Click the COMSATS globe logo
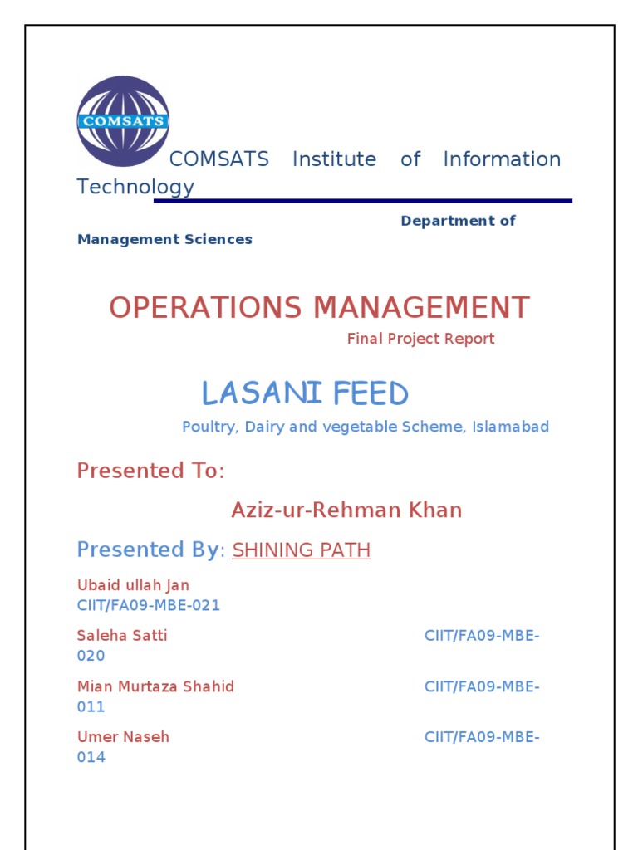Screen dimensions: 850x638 (x=123, y=121)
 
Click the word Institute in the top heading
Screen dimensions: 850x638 (x=334, y=159)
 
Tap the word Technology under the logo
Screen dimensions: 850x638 (x=135, y=187)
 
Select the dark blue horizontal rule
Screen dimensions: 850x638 (x=363, y=201)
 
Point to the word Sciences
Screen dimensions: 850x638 (x=219, y=239)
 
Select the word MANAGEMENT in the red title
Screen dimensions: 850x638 (x=421, y=308)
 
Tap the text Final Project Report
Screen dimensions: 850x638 (x=420, y=339)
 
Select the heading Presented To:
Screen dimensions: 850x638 (x=150, y=471)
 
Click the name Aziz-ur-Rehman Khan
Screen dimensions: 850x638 (x=346, y=510)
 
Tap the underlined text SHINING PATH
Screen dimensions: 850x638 (x=302, y=550)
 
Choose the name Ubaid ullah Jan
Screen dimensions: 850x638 (x=133, y=585)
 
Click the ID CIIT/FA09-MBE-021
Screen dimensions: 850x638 (x=149, y=605)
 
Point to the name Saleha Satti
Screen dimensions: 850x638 (x=122, y=636)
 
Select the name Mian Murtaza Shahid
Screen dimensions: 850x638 (x=155, y=686)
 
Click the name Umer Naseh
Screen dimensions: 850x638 (x=123, y=737)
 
